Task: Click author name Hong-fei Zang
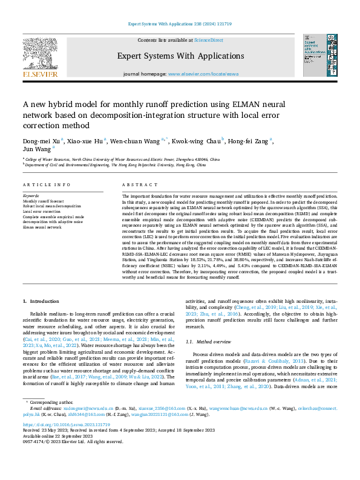(248, 141)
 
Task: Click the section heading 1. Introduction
(41, 300)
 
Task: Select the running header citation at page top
(180, 24)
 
